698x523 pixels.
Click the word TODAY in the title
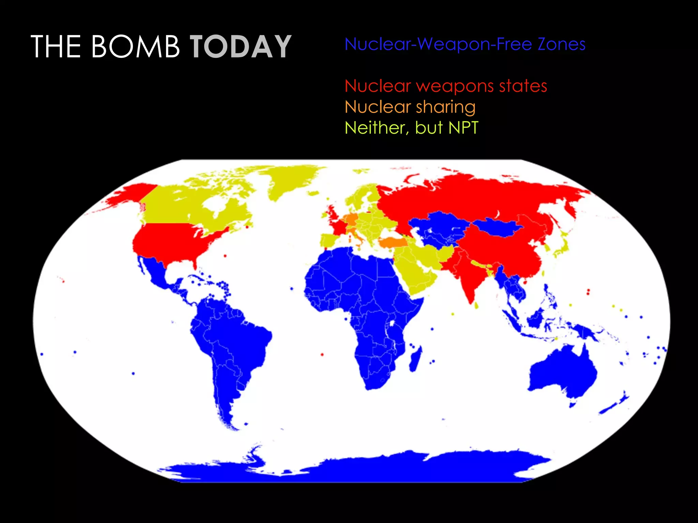[241, 47]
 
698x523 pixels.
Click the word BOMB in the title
[135, 47]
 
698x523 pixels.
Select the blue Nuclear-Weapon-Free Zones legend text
[465, 44]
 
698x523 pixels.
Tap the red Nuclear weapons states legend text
[446, 86]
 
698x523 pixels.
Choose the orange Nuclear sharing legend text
[410, 107]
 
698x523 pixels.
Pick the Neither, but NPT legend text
[411, 128]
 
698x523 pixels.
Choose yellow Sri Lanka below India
[476, 305]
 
